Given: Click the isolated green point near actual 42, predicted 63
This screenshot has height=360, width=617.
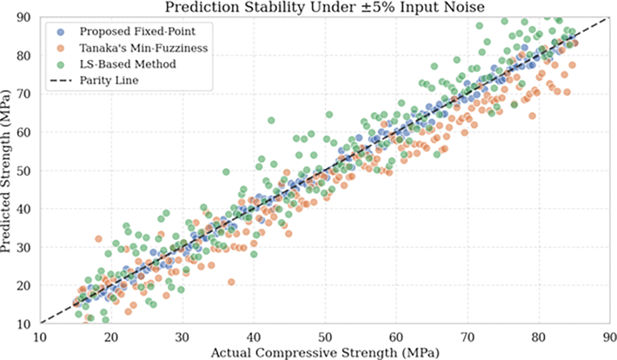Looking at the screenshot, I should click(271, 121).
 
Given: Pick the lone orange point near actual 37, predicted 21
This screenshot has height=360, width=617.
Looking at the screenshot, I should click(231, 282).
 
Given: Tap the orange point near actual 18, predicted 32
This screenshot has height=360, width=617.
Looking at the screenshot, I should click(98, 239).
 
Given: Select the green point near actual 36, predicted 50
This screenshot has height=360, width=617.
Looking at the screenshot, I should click(226, 171).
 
